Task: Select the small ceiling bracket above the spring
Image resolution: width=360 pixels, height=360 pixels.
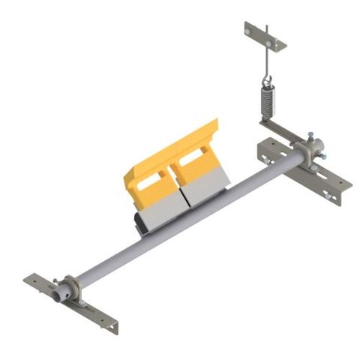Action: point(265,36)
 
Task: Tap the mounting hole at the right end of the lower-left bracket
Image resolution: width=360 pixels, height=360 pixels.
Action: point(112,325)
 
